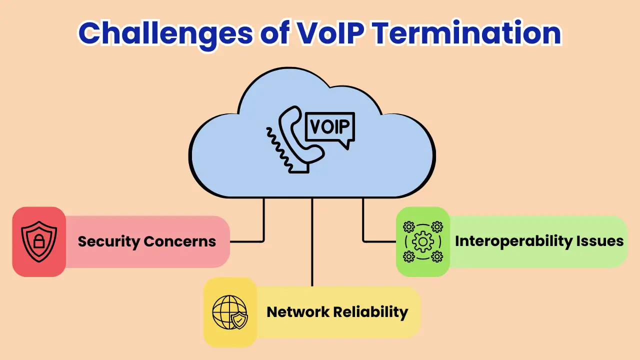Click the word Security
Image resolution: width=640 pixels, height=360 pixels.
point(108,241)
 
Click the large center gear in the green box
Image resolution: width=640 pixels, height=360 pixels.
point(423,242)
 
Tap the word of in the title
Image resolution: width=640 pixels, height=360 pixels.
point(269,32)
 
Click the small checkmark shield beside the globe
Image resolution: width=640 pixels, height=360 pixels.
point(240,320)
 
